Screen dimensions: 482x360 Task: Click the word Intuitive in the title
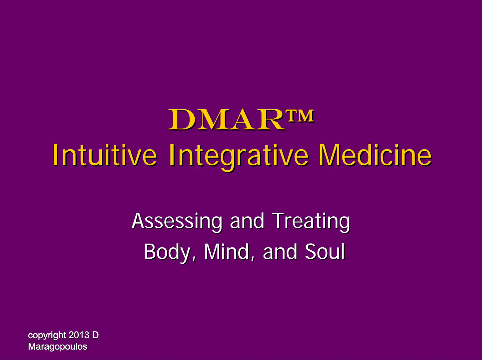(105, 155)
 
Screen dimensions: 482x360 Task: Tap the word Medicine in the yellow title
(375, 155)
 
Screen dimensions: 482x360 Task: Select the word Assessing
(177, 222)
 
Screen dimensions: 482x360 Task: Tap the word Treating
(311, 222)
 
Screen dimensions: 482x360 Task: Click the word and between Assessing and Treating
(247, 221)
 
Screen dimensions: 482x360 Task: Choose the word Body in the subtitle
(167, 253)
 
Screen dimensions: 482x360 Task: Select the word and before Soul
(280, 252)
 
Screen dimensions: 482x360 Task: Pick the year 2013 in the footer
(79, 335)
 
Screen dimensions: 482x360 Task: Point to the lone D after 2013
(95, 335)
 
